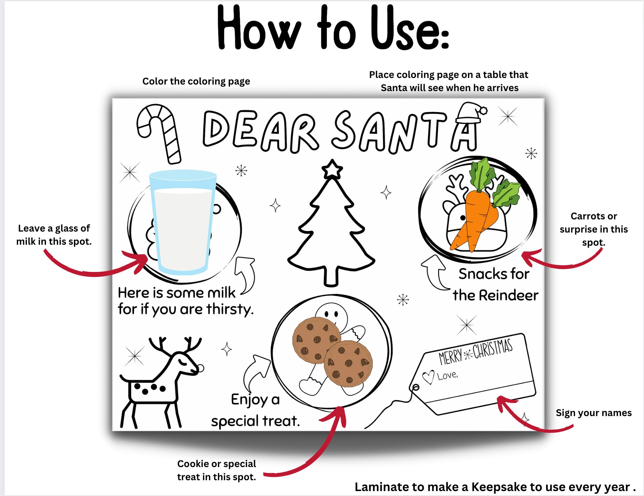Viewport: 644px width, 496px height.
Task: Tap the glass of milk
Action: click(x=182, y=224)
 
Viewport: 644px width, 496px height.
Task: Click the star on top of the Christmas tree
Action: click(x=332, y=170)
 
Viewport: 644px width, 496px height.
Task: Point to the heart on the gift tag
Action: click(x=428, y=377)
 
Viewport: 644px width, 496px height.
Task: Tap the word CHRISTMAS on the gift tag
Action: click(x=493, y=348)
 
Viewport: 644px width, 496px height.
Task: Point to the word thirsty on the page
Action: click(x=230, y=309)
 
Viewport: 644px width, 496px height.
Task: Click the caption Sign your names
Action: click(x=593, y=413)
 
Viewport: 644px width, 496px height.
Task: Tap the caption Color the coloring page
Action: click(x=196, y=81)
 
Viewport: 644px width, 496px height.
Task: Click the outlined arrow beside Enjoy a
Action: click(x=256, y=372)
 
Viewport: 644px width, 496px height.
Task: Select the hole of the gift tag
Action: click(x=416, y=387)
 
